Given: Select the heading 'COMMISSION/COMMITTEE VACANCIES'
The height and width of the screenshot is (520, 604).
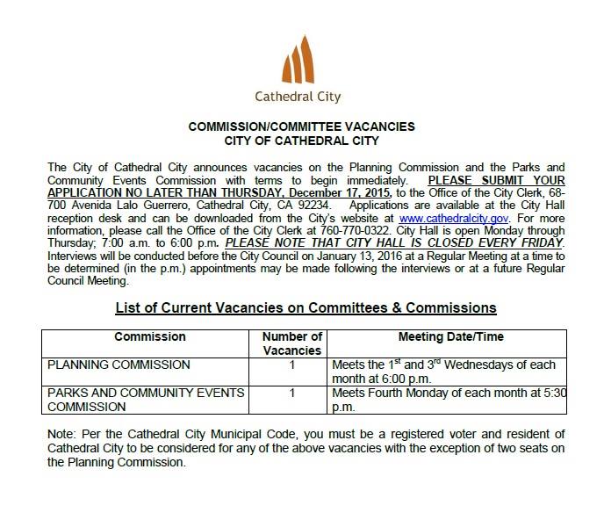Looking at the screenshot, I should click(x=301, y=126).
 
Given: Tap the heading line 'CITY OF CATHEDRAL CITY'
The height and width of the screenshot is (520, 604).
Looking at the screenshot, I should click(x=301, y=141).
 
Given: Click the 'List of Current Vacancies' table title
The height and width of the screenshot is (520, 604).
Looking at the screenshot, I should click(x=306, y=308).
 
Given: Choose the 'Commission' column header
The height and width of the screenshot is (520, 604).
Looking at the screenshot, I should click(x=150, y=336).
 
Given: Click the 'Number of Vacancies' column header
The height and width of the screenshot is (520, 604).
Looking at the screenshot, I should click(x=293, y=343).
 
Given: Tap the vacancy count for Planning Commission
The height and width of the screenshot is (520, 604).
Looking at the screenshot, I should click(x=292, y=364).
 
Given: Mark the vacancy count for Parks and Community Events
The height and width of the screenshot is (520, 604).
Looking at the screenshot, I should click(x=292, y=392).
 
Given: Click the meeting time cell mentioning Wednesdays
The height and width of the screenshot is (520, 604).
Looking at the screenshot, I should click(x=445, y=370).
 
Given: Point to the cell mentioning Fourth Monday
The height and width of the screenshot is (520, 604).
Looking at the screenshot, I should click(x=445, y=398).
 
